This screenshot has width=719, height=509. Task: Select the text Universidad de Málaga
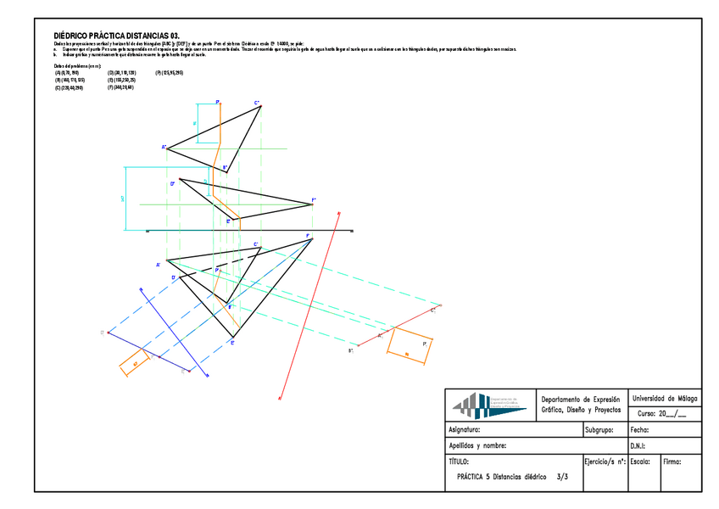(x=666, y=398)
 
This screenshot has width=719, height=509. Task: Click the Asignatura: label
(x=467, y=430)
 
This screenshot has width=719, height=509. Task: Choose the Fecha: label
(x=640, y=430)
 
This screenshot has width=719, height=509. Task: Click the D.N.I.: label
(x=639, y=446)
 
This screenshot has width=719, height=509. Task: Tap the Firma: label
(x=672, y=462)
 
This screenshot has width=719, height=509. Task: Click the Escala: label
(x=641, y=462)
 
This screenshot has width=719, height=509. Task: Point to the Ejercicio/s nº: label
(x=605, y=462)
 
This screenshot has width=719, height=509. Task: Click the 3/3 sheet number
(x=563, y=478)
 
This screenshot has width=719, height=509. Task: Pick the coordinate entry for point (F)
(x=120, y=87)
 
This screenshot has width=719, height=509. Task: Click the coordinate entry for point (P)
(x=169, y=73)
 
